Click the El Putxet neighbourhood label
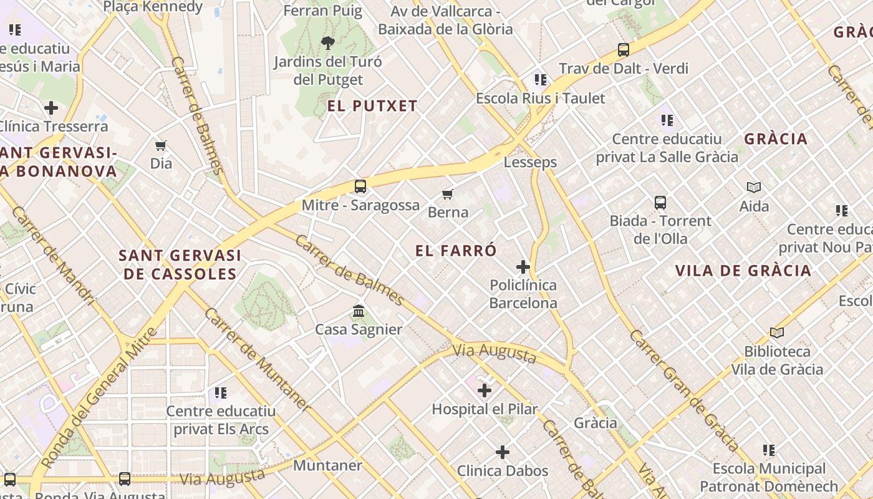(x=372, y=106)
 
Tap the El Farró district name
(x=456, y=251)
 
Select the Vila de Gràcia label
(x=744, y=271)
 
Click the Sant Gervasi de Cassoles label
(x=180, y=264)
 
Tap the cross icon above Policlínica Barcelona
(x=523, y=268)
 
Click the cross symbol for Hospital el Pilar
(x=485, y=391)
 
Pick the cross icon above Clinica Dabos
(x=503, y=452)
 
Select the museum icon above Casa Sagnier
(x=359, y=311)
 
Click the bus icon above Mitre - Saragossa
(x=360, y=186)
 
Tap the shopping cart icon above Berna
(x=447, y=194)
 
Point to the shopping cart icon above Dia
(x=161, y=146)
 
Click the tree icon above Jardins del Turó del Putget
(x=327, y=43)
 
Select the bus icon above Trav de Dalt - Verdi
(x=623, y=50)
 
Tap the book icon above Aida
(x=754, y=187)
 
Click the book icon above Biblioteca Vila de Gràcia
(x=776, y=333)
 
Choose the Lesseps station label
(x=530, y=163)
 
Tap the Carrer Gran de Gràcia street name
(x=683, y=390)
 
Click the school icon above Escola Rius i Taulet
(x=540, y=80)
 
